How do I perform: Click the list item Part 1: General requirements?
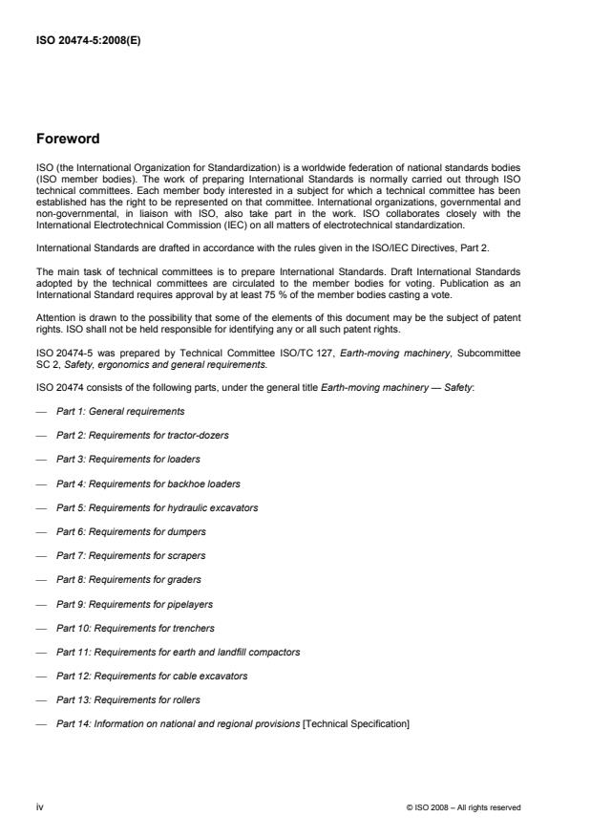(x=120, y=411)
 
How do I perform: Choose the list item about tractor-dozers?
(x=142, y=435)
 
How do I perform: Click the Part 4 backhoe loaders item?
(x=148, y=483)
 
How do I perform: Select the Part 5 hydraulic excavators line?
(x=157, y=507)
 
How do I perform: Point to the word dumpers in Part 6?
(x=187, y=531)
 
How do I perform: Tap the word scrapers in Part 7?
(x=187, y=555)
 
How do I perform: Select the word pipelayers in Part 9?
(x=191, y=604)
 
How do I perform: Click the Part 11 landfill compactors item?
(x=179, y=652)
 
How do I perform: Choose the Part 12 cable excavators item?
(x=152, y=676)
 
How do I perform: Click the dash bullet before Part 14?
(x=40, y=724)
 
